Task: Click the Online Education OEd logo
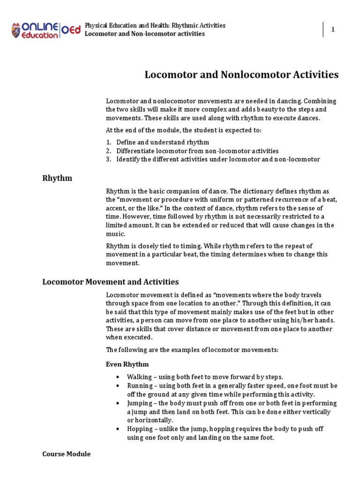coord(46,30)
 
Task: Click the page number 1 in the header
coord(333,30)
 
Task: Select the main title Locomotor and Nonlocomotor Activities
coord(241,74)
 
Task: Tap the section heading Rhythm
coord(57,178)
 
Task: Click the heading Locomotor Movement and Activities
coord(110,282)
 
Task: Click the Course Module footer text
coord(66,454)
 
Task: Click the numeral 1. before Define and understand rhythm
coord(108,142)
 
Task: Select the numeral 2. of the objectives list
coord(108,151)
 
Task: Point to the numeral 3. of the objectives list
coord(108,159)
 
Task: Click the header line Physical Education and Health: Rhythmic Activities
coord(155,25)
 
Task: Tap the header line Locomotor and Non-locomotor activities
coord(144,34)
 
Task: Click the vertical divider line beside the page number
coord(323,30)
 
